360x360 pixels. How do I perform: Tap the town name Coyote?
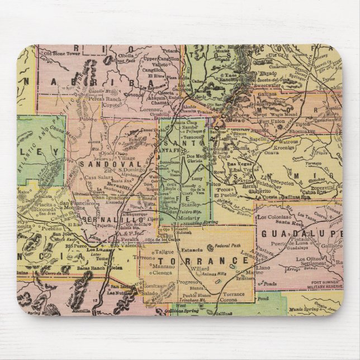[x=112, y=103]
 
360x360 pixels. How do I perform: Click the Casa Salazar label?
[x=94, y=177]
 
